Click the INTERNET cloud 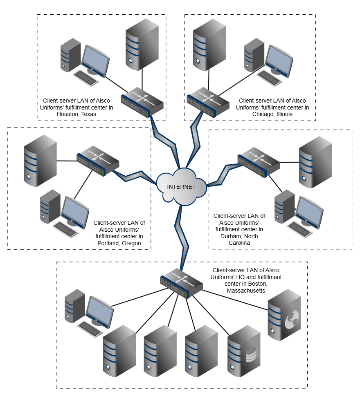181,186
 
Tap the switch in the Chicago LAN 207,101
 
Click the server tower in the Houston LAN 142,44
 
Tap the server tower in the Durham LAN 315,162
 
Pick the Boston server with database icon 244,350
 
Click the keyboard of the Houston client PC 86,77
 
